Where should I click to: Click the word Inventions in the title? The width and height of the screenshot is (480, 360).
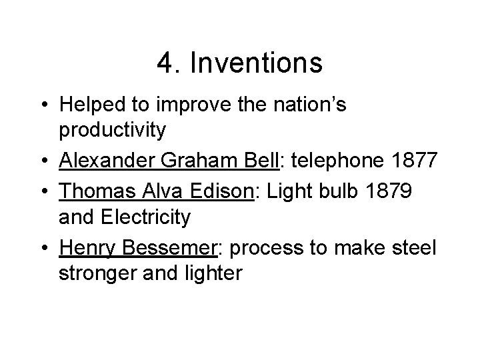pyautogui.click(x=257, y=64)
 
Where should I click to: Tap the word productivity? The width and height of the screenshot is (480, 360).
pyautogui.click(x=112, y=130)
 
